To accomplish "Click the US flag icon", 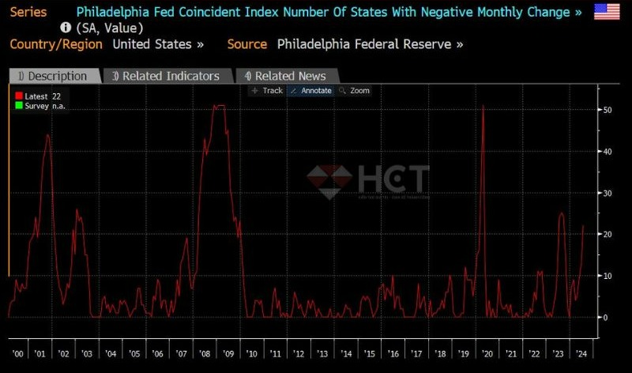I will (608, 13).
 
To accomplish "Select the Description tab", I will (55, 76).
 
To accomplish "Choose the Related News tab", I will (286, 76).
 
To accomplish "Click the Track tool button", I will (266, 91).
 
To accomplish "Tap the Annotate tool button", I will (310, 91).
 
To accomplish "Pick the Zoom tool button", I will (354, 91).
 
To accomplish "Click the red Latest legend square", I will (19, 96).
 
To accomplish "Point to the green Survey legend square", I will (19, 105).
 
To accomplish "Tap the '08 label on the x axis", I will (205, 355).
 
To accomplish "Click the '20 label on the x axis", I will (488, 355).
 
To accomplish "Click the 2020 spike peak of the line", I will (483, 106).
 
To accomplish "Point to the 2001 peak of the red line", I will (47, 135).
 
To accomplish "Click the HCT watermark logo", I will (369, 181).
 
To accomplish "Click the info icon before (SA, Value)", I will (66, 28).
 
